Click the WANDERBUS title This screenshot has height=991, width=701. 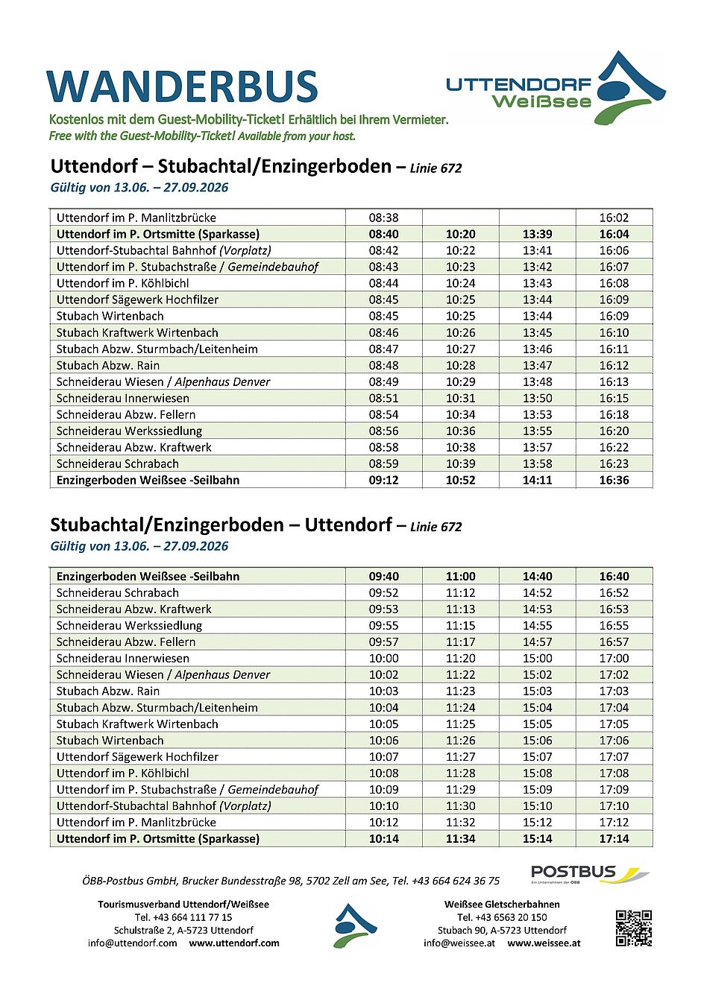(x=182, y=86)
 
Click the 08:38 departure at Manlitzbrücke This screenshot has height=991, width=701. (x=383, y=218)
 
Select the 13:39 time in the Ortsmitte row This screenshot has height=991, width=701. (x=537, y=234)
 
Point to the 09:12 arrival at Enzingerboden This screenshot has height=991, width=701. (x=383, y=480)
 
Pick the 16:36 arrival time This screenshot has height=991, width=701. (x=614, y=480)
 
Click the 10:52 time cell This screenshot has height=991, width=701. (x=460, y=480)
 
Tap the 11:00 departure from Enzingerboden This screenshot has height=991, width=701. (x=460, y=576)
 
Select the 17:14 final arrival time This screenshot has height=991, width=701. (x=614, y=838)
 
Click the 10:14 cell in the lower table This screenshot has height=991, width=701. (x=383, y=838)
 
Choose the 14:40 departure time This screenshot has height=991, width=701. (x=537, y=576)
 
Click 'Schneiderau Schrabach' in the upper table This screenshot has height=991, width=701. (x=118, y=463)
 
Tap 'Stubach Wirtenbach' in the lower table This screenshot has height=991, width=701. (x=110, y=740)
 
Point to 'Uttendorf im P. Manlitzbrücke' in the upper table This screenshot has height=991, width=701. (x=136, y=218)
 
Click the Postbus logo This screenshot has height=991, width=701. (x=589, y=873)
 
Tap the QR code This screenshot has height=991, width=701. (x=634, y=928)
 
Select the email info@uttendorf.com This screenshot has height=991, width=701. (x=133, y=943)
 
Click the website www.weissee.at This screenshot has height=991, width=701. (x=544, y=943)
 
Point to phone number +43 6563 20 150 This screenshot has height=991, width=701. (x=502, y=917)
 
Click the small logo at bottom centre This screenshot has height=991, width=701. (x=355, y=925)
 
